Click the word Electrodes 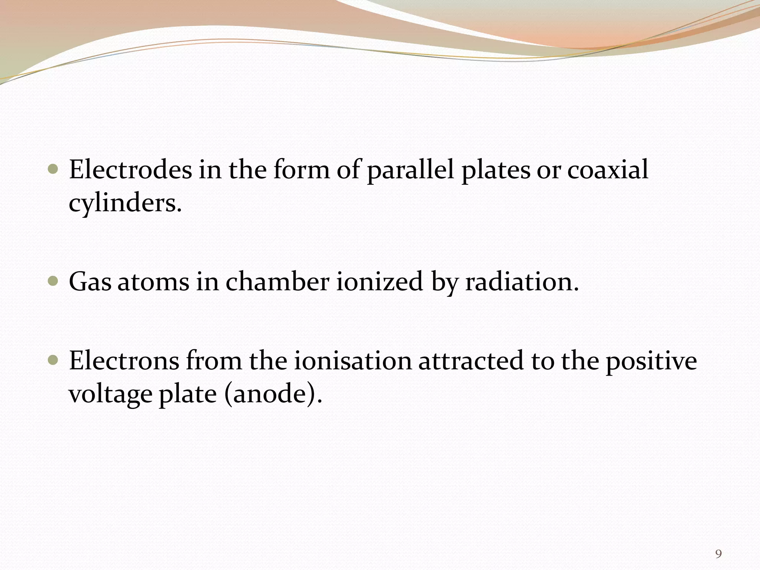(x=131, y=170)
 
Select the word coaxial (x=608, y=170)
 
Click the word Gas (x=90, y=282)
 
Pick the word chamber (x=277, y=282)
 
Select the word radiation (x=522, y=282)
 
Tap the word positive (x=652, y=361)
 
